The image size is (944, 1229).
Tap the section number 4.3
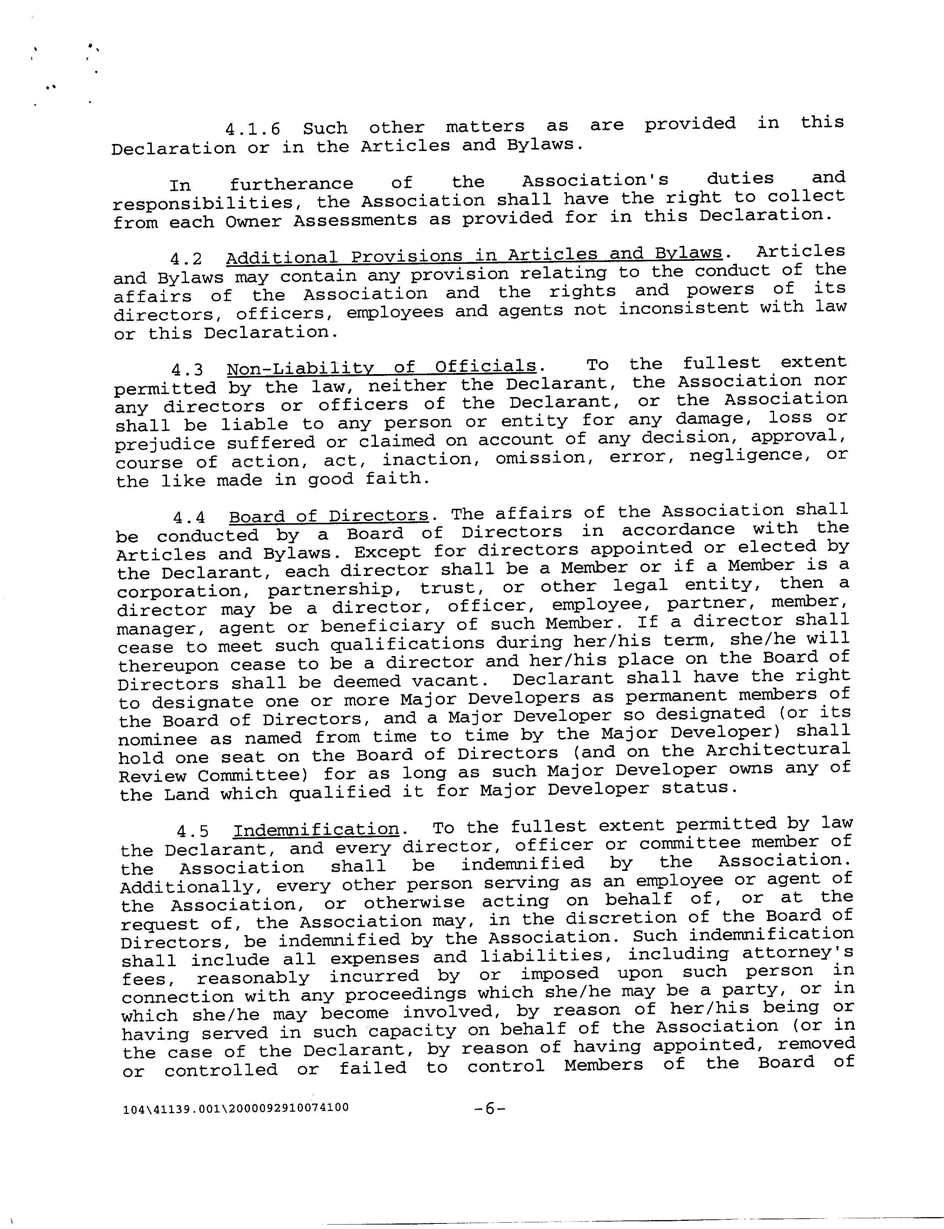(187, 370)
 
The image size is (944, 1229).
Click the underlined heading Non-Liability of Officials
(381, 367)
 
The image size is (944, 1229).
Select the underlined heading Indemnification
(316, 829)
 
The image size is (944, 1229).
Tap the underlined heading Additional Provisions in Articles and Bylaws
(474, 255)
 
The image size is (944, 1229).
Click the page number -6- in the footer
(489, 1108)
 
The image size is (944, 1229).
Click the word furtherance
(291, 184)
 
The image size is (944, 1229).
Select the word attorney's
(798, 953)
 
